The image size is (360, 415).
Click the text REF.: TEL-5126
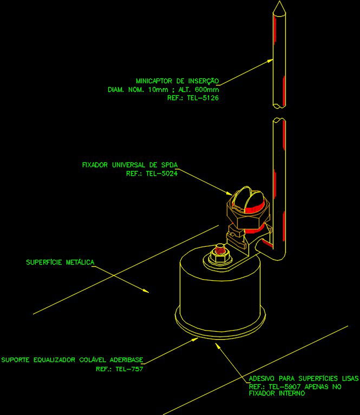point(193,98)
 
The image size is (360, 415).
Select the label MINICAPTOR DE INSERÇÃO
point(177,81)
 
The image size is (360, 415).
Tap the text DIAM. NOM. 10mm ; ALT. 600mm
point(163,90)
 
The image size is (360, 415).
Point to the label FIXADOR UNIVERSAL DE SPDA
point(129,164)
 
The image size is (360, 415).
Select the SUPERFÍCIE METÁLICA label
point(60,262)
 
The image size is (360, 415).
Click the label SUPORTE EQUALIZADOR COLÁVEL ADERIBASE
point(72,359)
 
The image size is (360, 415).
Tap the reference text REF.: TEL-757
point(119,369)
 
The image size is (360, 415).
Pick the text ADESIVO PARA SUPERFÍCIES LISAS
point(304,378)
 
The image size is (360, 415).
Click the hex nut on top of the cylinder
point(220,258)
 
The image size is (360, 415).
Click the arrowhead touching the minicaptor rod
point(270,62)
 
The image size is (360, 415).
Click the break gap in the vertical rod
point(278,111)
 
